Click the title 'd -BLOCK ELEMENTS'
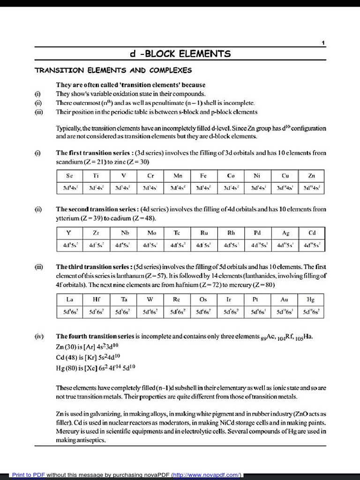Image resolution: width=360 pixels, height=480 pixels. click(x=180, y=54)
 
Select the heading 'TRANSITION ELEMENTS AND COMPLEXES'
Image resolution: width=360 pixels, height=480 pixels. click(x=113, y=70)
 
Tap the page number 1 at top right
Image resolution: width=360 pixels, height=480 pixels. click(x=323, y=43)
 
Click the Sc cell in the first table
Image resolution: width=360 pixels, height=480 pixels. click(x=69, y=176)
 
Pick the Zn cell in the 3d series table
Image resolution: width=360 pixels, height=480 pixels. click(x=312, y=176)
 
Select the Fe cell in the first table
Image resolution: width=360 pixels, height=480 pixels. click(x=203, y=176)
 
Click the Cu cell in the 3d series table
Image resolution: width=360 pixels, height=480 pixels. click(x=285, y=176)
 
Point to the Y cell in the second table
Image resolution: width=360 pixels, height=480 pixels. click(x=69, y=232)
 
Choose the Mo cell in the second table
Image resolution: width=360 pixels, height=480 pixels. click(x=151, y=232)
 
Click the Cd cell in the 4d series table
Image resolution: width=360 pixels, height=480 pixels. click(x=312, y=232)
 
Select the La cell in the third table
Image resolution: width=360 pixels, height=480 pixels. click(x=69, y=299)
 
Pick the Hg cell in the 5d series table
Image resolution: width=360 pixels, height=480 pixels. click(x=311, y=299)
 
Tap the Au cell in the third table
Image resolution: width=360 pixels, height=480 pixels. click(x=284, y=299)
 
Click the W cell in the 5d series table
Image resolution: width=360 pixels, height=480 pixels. click(x=150, y=299)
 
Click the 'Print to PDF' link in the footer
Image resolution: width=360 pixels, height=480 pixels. click(x=29, y=475)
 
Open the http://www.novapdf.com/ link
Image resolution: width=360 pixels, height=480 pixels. click(x=207, y=475)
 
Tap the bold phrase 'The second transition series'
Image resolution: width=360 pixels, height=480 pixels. click(x=97, y=209)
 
